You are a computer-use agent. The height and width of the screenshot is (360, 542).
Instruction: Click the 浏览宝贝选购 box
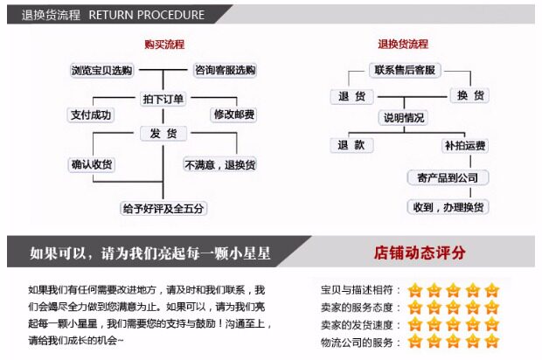[x=101, y=70]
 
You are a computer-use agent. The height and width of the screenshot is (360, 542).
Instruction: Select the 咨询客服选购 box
[x=226, y=70]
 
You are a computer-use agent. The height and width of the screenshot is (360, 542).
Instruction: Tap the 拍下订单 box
[x=163, y=99]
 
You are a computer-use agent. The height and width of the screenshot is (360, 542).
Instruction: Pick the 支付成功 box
[x=91, y=114]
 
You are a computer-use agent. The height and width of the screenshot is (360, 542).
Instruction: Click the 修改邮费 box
[x=233, y=114]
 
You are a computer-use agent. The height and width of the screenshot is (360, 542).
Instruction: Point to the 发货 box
[x=163, y=133]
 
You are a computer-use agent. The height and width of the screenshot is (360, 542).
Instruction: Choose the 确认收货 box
[x=91, y=164]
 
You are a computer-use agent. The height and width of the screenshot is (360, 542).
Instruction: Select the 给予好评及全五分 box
[x=163, y=208]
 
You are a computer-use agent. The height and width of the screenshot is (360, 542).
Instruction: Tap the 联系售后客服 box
[x=404, y=70]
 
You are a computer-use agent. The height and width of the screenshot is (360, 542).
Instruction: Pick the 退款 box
[x=351, y=145]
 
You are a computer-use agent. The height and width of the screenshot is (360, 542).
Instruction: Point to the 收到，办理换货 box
[x=448, y=207]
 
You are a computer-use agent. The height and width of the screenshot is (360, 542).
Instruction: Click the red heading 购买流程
[x=164, y=44]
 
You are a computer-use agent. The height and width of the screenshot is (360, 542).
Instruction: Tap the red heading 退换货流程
[x=403, y=44]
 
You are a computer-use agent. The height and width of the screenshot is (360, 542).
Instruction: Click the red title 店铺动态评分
[x=419, y=253]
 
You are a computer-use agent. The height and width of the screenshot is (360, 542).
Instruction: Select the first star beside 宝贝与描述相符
[x=414, y=289]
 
